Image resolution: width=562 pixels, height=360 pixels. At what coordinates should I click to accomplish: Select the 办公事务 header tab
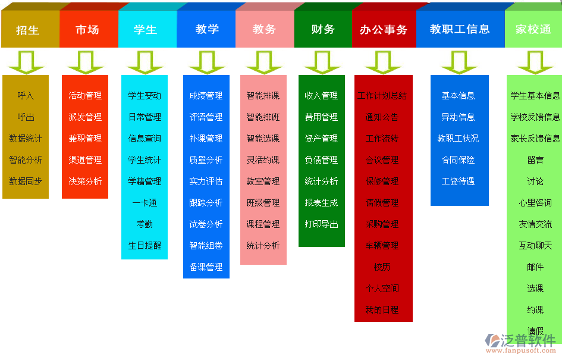[x=383, y=29]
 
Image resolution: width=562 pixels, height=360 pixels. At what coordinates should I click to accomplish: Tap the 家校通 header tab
[x=533, y=29]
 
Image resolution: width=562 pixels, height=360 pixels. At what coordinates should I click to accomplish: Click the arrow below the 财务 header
[x=322, y=62]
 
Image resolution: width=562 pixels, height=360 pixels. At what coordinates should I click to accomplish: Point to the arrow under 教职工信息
[x=459, y=62]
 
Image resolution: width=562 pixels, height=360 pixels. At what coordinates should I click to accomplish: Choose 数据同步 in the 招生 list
[x=26, y=181]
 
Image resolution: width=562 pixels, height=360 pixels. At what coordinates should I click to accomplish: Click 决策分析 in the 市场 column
[x=85, y=181]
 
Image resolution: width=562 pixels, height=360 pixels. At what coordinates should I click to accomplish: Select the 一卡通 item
[x=145, y=203]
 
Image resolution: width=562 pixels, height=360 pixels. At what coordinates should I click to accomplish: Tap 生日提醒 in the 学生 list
[x=145, y=246]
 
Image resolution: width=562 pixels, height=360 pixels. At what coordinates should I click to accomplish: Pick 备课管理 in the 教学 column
[x=206, y=267]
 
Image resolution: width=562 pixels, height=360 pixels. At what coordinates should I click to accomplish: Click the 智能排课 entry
[x=263, y=96]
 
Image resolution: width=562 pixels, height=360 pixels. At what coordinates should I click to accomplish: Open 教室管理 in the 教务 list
[x=263, y=181]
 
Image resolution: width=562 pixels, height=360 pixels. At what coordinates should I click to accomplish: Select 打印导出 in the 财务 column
[x=321, y=224]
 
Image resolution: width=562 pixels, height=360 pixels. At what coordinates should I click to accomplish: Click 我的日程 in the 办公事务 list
[x=382, y=310]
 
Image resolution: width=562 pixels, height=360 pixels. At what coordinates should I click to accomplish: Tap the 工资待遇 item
[x=458, y=181]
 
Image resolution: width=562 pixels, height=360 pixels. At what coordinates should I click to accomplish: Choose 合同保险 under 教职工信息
[x=458, y=160]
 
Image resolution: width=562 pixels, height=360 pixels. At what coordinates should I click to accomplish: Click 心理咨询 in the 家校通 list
[x=535, y=203]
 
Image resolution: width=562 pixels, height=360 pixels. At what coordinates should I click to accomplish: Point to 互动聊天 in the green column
[x=535, y=246]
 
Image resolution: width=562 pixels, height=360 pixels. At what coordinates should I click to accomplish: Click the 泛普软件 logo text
[x=528, y=340]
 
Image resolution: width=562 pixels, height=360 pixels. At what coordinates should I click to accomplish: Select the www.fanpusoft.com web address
[x=522, y=352]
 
